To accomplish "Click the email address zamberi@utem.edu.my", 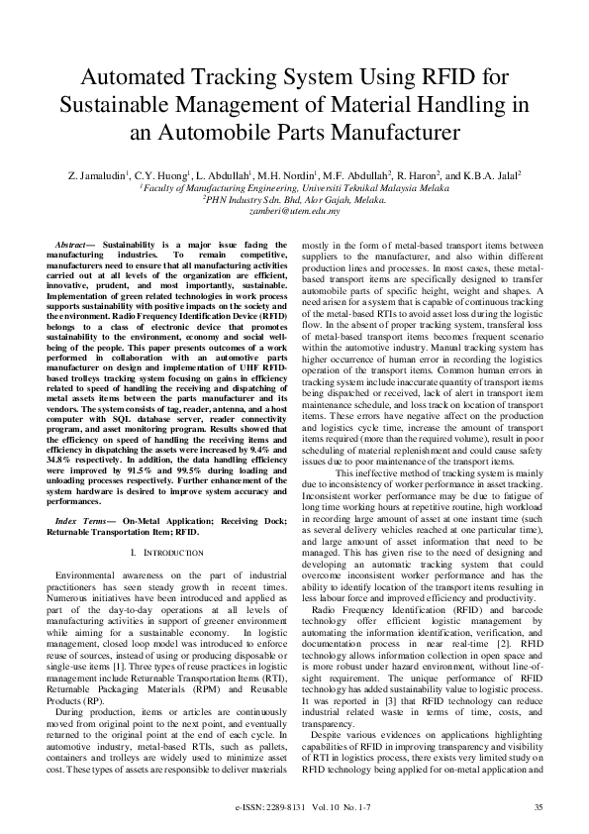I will pos(294,211).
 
